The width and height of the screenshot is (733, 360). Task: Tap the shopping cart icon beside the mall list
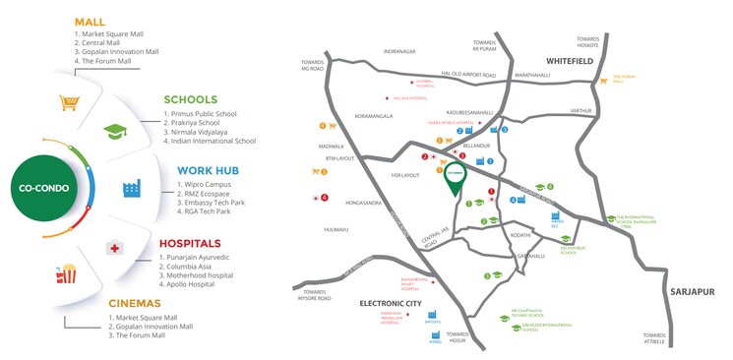tap(69, 101)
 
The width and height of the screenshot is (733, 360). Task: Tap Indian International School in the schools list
tap(212, 141)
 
